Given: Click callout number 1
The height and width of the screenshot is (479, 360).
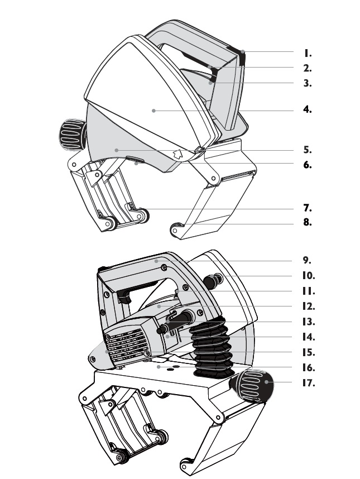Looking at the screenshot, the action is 308,53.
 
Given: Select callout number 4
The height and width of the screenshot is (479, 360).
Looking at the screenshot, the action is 308,109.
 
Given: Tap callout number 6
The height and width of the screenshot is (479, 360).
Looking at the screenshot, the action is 308,165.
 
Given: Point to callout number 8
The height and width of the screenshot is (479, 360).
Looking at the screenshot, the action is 308,222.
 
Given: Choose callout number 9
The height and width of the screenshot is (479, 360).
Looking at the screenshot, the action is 307,260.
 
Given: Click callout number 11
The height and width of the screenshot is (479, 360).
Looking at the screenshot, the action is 309,291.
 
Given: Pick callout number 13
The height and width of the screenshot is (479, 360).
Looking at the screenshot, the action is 309,322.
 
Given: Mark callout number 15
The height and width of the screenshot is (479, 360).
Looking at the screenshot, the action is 309,352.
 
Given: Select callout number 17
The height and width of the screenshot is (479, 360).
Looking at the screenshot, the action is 309,383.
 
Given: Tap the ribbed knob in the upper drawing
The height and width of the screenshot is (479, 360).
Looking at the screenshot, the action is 73,135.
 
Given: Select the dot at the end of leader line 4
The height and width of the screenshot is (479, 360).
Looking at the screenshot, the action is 153,111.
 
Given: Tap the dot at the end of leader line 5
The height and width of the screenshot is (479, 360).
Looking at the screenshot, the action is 116,150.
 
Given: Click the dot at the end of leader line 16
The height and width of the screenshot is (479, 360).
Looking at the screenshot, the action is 159,367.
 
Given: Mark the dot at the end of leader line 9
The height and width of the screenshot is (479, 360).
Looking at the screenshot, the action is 156,261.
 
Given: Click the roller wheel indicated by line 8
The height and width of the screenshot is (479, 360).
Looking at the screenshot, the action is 176,229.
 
